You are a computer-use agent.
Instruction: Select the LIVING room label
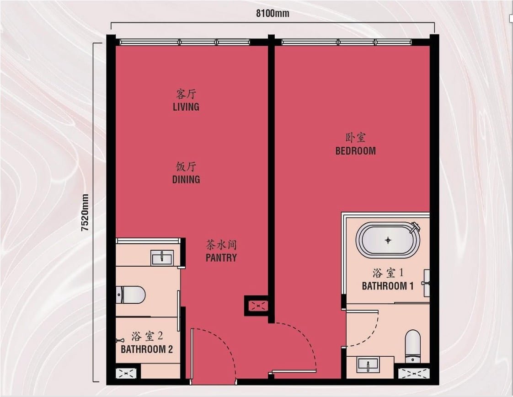186,107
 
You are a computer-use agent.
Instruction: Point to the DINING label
186,179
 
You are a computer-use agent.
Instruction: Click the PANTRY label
221,258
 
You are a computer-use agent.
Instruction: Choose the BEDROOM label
355,150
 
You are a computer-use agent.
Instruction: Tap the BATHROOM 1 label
388,286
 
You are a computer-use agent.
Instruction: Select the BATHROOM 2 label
147,349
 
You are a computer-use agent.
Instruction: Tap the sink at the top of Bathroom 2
162,258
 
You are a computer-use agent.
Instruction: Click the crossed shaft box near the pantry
256,305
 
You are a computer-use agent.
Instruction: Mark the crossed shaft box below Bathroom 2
124,373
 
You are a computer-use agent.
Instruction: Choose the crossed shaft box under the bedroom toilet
412,373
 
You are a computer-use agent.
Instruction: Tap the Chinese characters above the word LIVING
186,94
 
